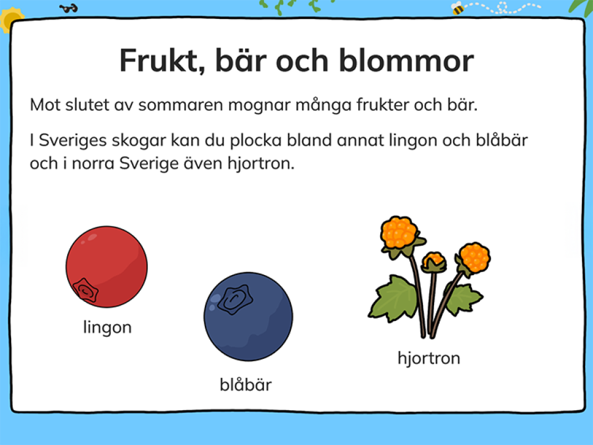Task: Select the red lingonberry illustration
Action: click(106, 267)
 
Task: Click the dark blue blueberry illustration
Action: click(248, 317)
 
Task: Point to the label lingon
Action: click(107, 328)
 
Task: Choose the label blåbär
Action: click(246, 385)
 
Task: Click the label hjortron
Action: click(429, 358)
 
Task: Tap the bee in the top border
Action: click(457, 8)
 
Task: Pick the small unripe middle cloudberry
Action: click(434, 262)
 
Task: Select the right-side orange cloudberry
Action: click(474, 257)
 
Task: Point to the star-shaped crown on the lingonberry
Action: click(86, 290)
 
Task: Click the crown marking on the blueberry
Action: click(234, 298)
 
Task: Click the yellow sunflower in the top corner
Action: click(9, 18)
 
